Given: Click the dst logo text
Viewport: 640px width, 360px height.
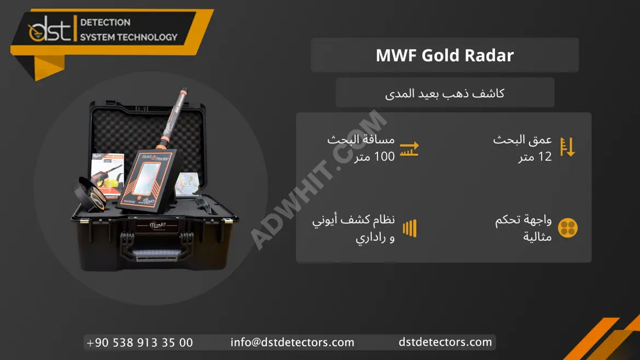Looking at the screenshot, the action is [50, 28].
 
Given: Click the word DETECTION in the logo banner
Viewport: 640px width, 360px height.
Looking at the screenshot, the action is [106, 22].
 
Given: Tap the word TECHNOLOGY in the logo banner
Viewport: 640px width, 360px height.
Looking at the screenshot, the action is [148, 37].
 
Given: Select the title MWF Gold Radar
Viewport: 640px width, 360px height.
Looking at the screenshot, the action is [445, 55].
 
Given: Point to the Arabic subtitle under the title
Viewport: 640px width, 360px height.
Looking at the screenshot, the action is [445, 94].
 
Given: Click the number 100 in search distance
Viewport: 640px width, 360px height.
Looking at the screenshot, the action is [385, 156].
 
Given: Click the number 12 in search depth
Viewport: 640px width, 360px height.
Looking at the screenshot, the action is [545, 156].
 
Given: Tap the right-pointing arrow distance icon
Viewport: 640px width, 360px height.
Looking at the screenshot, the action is [409, 149].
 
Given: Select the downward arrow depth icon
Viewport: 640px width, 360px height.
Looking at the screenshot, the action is [567, 147].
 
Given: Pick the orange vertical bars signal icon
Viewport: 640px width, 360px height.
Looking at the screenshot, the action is [410, 228].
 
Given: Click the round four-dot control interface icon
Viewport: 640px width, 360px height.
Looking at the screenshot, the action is [568, 228].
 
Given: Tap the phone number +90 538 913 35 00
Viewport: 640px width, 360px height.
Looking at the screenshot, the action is [139, 342].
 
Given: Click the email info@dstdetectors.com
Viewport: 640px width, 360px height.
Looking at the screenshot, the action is [292, 342].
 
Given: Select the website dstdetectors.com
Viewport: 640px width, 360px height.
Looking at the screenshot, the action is [445, 342].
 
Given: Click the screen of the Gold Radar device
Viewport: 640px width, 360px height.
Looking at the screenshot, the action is [146, 178].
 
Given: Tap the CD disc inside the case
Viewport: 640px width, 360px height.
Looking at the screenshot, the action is [187, 183].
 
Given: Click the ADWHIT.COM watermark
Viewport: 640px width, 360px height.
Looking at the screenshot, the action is [318, 179].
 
